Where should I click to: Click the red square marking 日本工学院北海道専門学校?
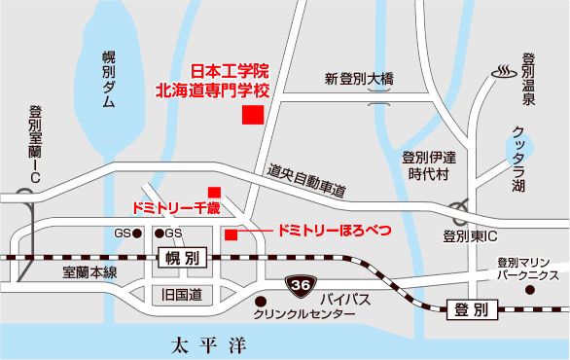click(x=253, y=114)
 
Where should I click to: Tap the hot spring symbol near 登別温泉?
click(x=505, y=72)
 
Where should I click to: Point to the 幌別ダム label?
click(x=109, y=81)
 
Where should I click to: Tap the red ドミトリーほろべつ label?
click(x=334, y=231)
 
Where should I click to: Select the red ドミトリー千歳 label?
click(x=177, y=207)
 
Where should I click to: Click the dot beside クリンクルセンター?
click(x=262, y=300)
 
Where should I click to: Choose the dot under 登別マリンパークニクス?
click(x=529, y=289)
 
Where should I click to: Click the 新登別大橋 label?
click(x=359, y=78)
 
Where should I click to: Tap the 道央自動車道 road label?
click(x=307, y=181)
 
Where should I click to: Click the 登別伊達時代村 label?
click(x=429, y=165)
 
